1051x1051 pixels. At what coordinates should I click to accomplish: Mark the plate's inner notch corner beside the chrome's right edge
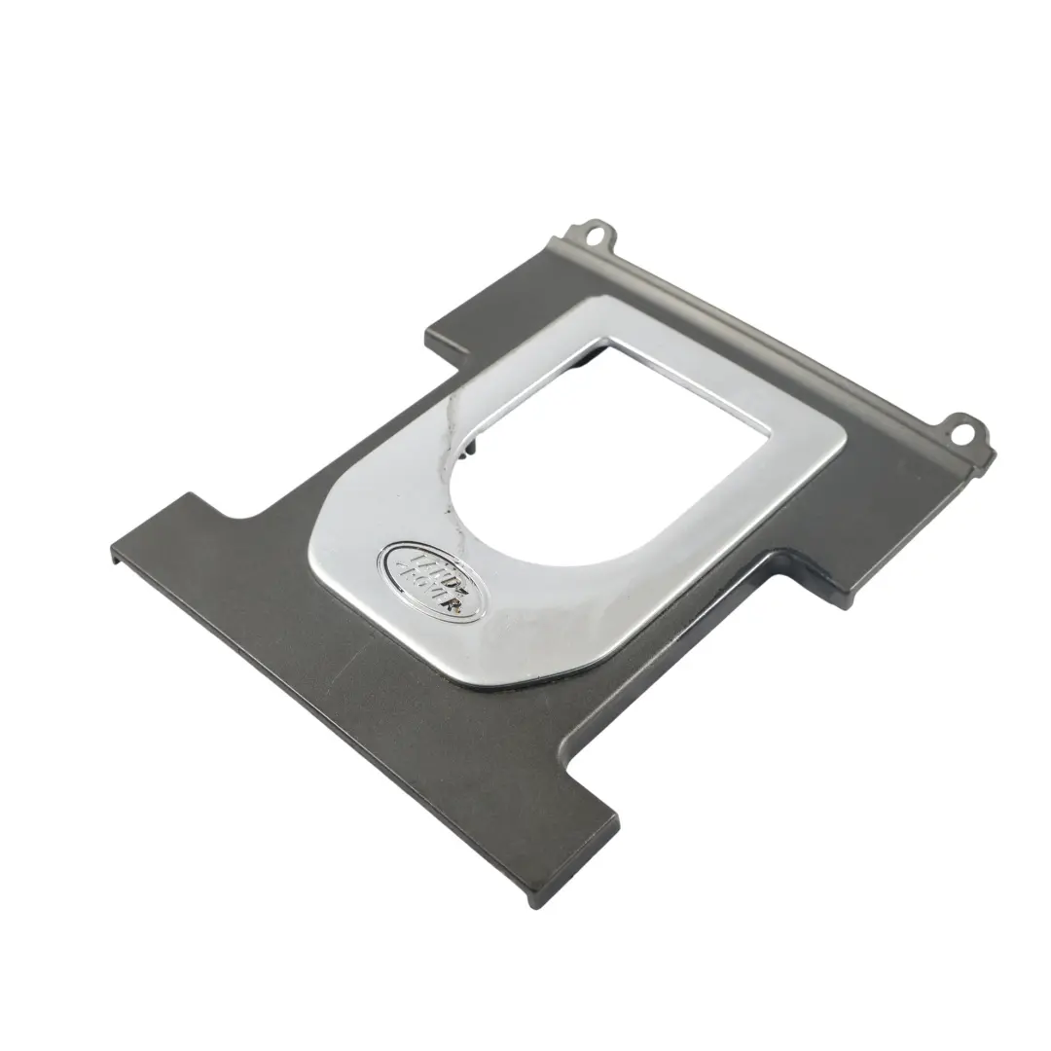[x=779, y=560]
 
